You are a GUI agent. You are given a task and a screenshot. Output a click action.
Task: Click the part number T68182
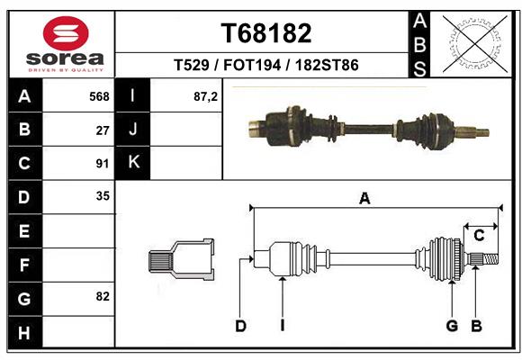click(266, 33)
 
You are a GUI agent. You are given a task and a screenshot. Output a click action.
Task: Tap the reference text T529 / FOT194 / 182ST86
click(266, 65)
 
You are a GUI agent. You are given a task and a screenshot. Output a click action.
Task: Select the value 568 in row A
click(99, 96)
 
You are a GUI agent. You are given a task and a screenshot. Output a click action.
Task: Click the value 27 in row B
click(103, 130)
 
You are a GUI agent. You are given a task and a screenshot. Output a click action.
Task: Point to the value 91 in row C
click(103, 163)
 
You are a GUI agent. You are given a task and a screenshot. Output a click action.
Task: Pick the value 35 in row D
click(103, 195)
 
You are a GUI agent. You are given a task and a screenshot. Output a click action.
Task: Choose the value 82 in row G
click(103, 295)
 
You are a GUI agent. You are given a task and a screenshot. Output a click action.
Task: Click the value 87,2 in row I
click(205, 96)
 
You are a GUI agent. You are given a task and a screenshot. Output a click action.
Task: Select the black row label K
click(134, 163)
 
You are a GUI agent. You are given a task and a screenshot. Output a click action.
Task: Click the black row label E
click(24, 230)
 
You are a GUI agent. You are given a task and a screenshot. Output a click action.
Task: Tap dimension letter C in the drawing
click(480, 235)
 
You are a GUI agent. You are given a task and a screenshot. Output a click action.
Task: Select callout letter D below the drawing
click(240, 326)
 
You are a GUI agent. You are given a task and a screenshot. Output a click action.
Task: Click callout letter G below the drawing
click(452, 326)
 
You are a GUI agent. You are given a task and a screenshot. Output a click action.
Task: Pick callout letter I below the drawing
click(282, 326)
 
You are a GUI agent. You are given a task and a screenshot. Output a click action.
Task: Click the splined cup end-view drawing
click(182, 260)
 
